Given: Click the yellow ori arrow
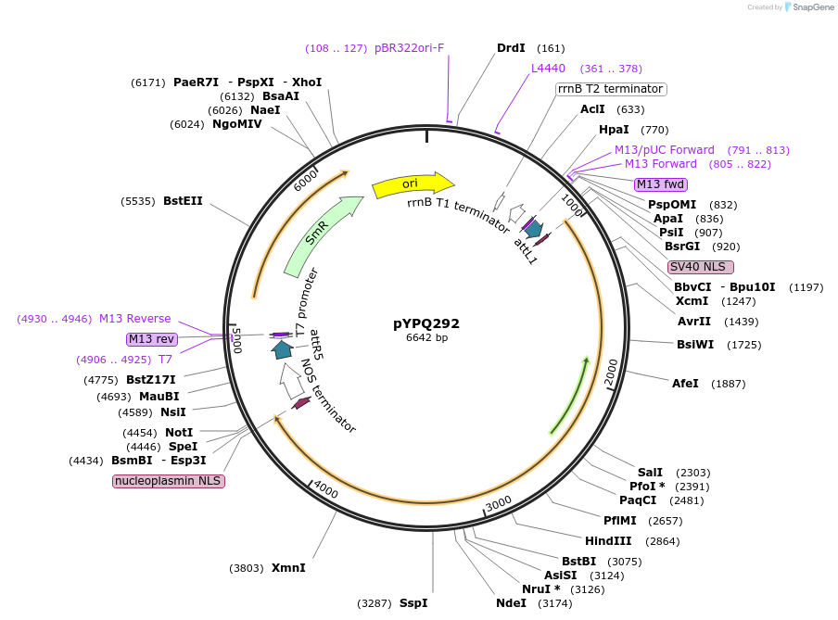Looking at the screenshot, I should click(x=412, y=184).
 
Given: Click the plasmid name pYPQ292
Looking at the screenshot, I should click(x=426, y=323).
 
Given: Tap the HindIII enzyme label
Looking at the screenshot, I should click(x=608, y=541).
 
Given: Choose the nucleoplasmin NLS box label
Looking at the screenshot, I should click(x=169, y=481).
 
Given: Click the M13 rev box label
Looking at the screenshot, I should click(x=152, y=339).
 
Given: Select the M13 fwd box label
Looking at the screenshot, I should click(x=661, y=184).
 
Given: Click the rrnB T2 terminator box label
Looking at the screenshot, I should click(x=611, y=89).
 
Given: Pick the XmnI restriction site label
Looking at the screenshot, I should click(x=288, y=568).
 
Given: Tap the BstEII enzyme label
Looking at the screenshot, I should click(x=183, y=200).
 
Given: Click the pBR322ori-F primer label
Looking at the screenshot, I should click(x=410, y=48).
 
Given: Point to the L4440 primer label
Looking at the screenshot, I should click(x=548, y=69).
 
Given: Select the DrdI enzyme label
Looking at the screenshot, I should click(x=511, y=48).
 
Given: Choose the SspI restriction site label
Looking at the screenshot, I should click(x=413, y=603).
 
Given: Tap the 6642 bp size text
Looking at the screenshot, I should click(x=426, y=338).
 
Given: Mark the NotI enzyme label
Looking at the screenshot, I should click(x=179, y=433).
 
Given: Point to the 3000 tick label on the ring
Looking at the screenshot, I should click(x=499, y=501).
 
